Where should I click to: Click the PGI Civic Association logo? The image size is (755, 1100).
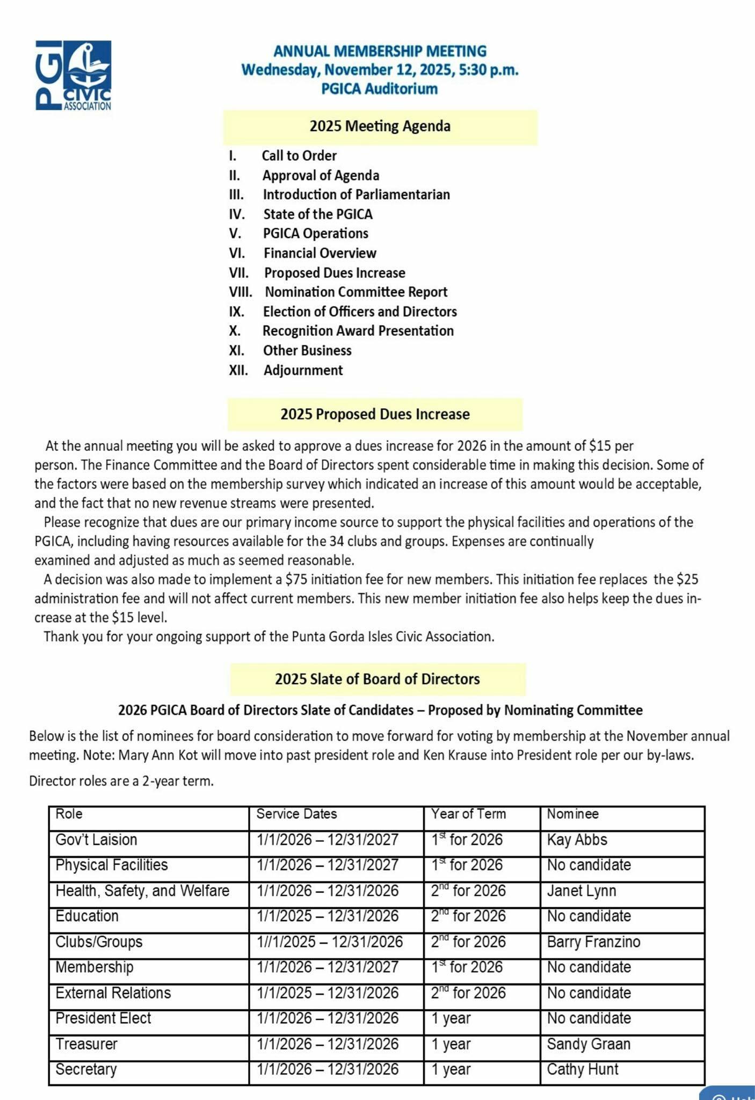[73, 76]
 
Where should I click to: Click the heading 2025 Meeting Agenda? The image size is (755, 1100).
[380, 127]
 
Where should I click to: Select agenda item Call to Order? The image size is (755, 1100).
[299, 156]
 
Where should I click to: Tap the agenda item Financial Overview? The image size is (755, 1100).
[320, 253]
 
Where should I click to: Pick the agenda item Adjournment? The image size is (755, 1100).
[303, 370]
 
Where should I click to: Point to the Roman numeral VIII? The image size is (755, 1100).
[240, 292]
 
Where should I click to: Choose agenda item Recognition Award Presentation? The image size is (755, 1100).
[358, 331]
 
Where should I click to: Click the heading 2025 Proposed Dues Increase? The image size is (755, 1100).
[375, 414]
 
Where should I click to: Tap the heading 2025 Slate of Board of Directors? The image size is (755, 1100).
[378, 679]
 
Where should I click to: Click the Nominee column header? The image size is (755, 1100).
[572, 814]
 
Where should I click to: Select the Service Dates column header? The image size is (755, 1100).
[296, 814]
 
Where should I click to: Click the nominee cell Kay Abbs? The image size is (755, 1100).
[577, 840]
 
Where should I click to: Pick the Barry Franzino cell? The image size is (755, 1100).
[593, 942]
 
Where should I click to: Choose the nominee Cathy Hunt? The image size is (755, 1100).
[583, 1069]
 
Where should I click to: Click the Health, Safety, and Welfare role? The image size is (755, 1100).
[142, 891]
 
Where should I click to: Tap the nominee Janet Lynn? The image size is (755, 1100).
[581, 891]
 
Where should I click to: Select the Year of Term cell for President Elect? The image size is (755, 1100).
[451, 1018]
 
